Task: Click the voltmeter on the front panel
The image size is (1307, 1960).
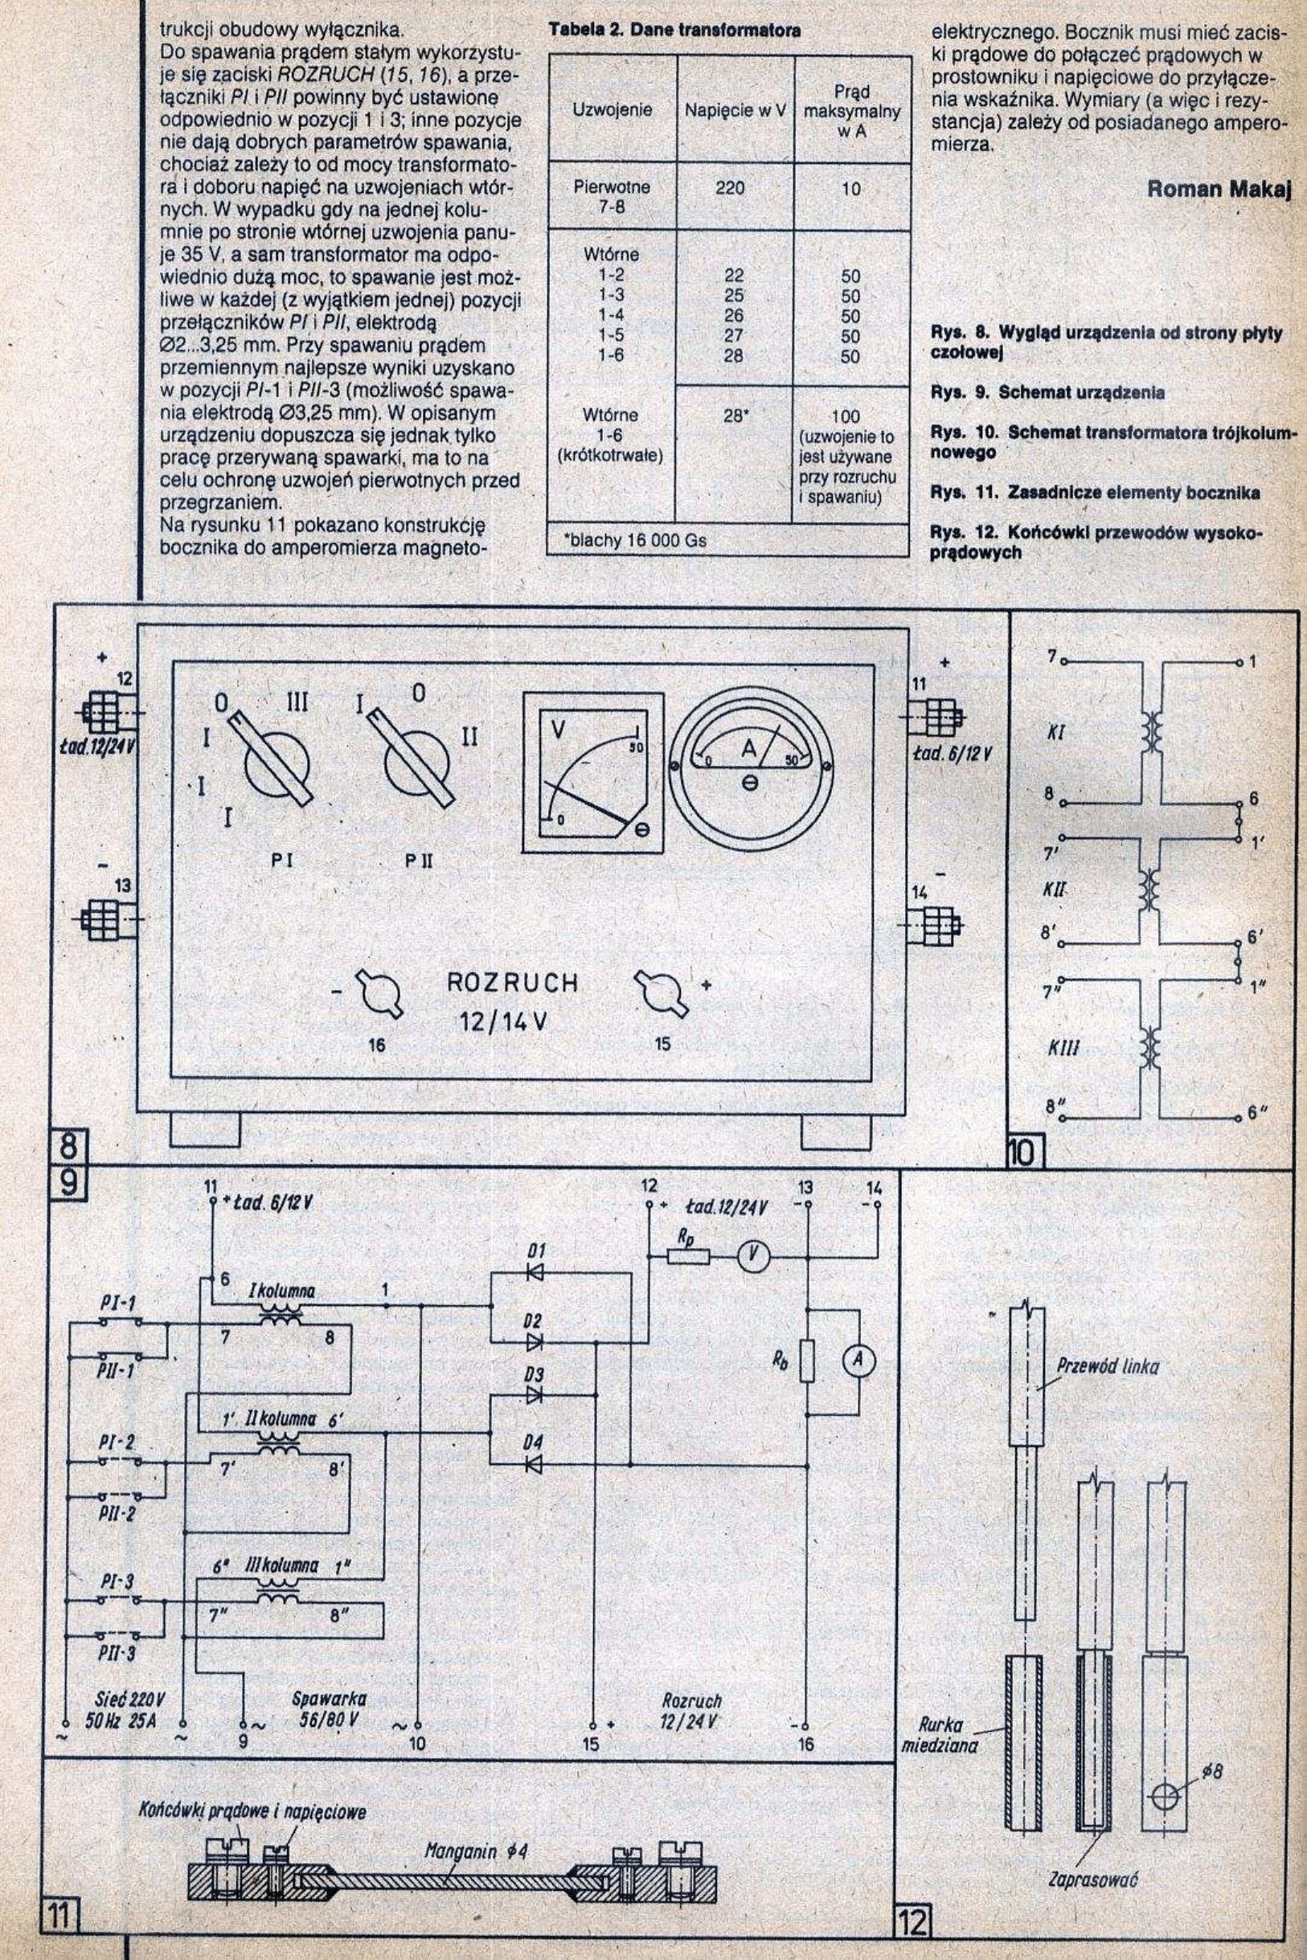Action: click(593, 771)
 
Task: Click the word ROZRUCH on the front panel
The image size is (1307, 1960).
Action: click(513, 984)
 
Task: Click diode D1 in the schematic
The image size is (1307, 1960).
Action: click(535, 1271)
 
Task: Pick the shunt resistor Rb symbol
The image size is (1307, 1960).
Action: click(806, 1361)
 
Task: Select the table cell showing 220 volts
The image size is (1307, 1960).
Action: click(730, 188)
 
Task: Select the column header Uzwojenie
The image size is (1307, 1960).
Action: click(612, 109)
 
